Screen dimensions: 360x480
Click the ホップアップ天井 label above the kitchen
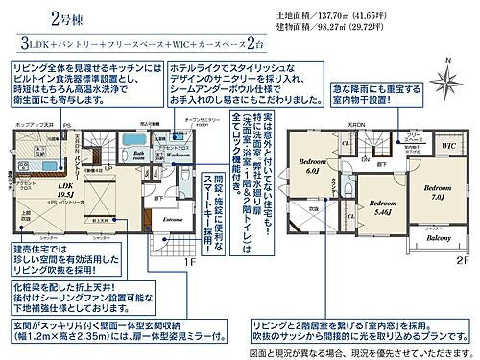coord(27,127)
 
